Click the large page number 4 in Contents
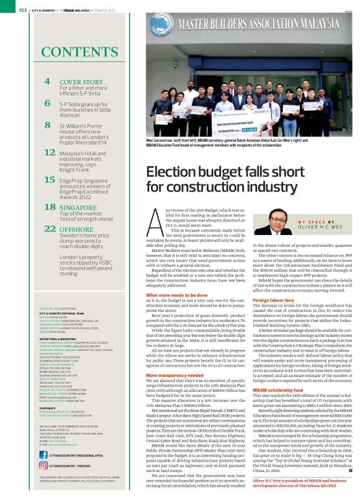click(48, 81)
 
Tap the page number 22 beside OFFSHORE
click(50, 229)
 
